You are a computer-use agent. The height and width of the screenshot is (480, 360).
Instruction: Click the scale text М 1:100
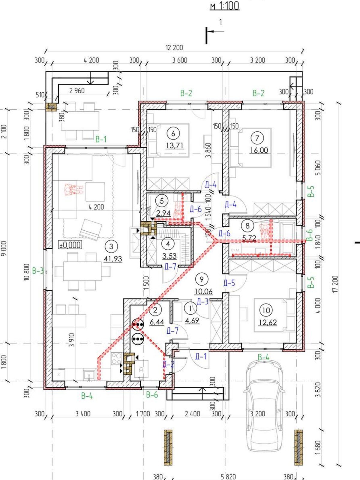tap(225, 6)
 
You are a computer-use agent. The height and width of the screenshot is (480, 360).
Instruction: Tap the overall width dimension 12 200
tap(174, 48)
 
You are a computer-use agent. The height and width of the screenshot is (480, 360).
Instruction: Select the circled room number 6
tap(173, 133)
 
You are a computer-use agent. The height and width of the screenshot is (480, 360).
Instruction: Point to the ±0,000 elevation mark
tap(70, 245)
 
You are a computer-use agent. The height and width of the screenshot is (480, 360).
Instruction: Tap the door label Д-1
tap(200, 357)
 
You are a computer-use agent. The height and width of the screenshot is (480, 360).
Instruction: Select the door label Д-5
tap(229, 283)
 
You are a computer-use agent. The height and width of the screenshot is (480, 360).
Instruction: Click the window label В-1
tap(101, 139)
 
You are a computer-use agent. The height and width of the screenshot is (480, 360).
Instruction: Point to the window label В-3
tap(38, 271)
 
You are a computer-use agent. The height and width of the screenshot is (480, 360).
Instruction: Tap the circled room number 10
tap(266, 310)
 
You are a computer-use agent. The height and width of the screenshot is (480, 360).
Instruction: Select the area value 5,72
tap(249, 238)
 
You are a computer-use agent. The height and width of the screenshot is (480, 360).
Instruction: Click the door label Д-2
tap(169, 364)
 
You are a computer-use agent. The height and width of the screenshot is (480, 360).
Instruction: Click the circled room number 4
tap(168, 244)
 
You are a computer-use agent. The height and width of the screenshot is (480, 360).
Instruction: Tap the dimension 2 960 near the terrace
tap(77, 90)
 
